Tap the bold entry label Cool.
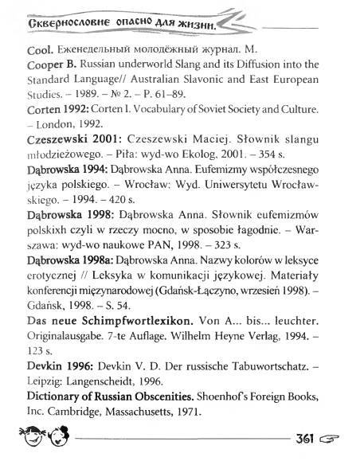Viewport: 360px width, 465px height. click(x=17, y=49)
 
